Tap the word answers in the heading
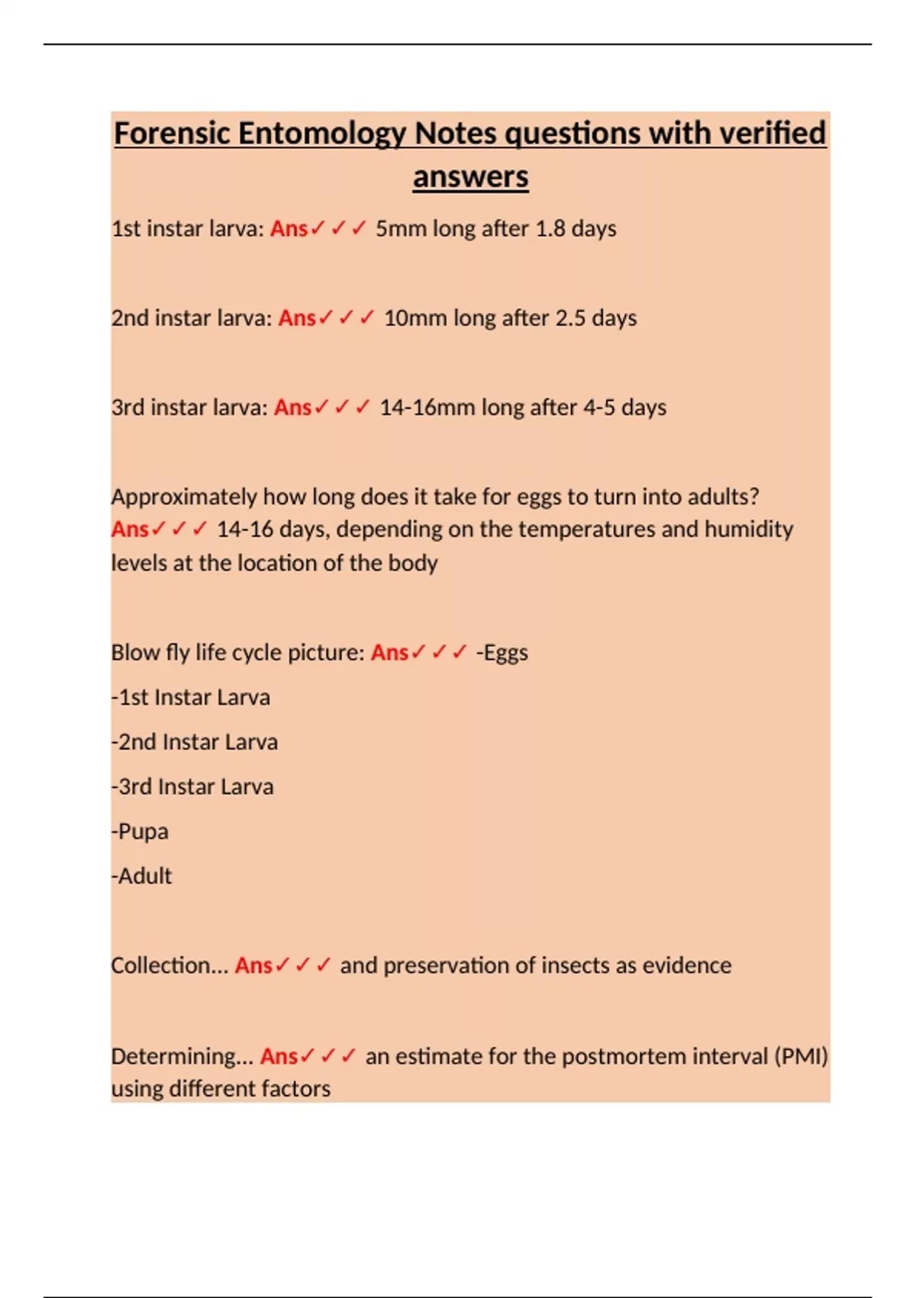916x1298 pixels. (470, 177)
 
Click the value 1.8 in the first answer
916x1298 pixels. (550, 229)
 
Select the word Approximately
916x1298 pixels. (183, 497)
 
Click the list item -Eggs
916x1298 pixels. (502, 653)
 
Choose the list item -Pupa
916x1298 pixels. (140, 831)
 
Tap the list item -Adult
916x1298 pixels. (142, 876)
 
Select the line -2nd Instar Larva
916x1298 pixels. (195, 742)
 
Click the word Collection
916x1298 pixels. (161, 966)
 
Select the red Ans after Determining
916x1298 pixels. (279, 1057)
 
